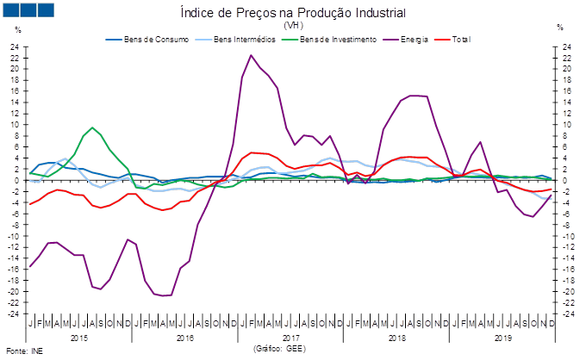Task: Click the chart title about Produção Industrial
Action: pos(293,13)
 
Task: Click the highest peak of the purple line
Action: pos(251,56)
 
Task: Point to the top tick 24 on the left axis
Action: pos(15,47)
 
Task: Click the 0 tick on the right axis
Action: pos(565,181)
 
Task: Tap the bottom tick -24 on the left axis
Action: pos(15,313)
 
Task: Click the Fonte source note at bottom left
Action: pos(23,351)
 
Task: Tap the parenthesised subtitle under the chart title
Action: pos(292,26)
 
